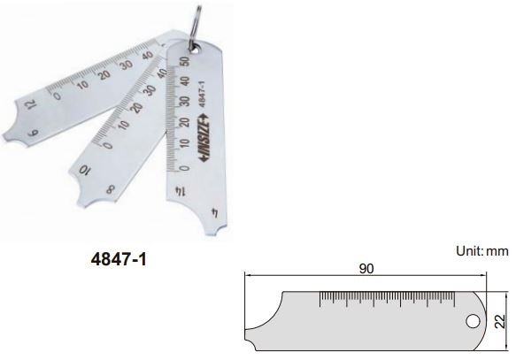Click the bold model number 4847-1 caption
[x=119, y=263]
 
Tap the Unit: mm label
[x=482, y=250]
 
